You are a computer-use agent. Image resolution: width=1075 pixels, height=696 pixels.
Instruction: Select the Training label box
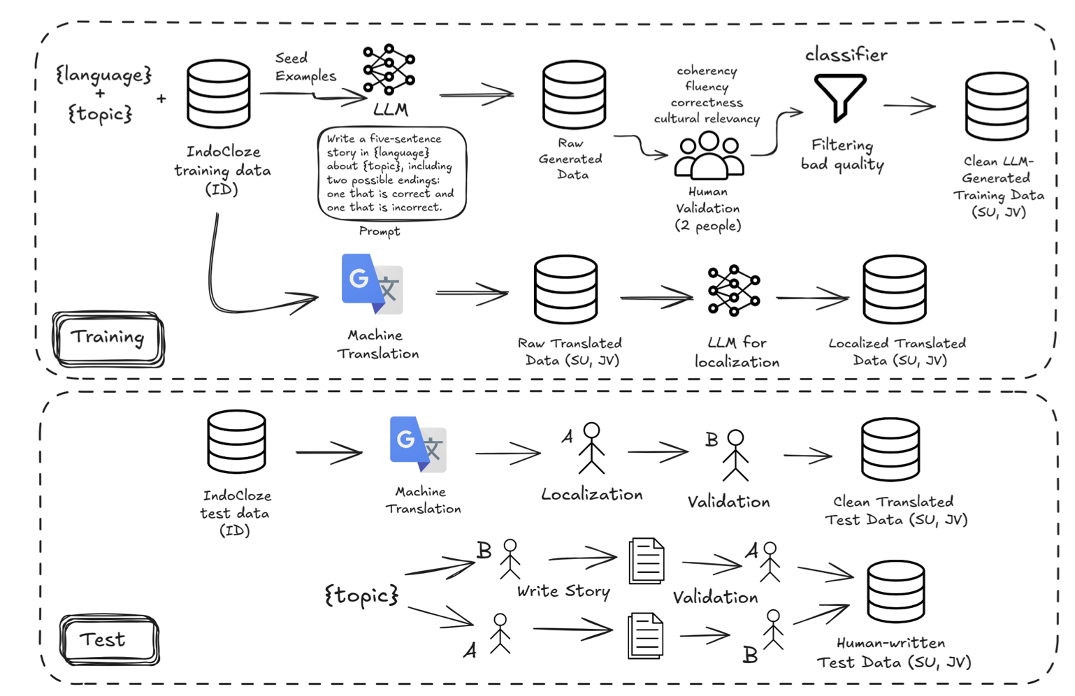[x=108, y=338]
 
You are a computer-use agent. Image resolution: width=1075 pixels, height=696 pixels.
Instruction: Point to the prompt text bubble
[x=391, y=173]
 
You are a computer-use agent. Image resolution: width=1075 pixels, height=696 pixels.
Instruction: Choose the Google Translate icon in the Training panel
[x=372, y=284]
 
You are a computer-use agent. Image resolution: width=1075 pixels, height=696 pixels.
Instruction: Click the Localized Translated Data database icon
[x=895, y=289]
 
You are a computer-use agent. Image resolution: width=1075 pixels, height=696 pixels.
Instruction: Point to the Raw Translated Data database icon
[x=565, y=289]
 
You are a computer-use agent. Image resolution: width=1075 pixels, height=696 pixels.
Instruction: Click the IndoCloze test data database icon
[x=236, y=442]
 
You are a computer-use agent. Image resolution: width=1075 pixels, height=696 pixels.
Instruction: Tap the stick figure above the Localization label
[x=591, y=448]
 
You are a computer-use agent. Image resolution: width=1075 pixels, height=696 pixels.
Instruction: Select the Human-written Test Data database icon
[x=895, y=591]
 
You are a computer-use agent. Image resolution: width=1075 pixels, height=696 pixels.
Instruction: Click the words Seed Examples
[x=305, y=67]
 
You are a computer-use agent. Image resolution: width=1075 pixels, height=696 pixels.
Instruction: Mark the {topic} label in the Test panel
[x=361, y=595]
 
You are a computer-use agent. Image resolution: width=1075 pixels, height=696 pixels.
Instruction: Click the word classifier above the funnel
[x=846, y=55]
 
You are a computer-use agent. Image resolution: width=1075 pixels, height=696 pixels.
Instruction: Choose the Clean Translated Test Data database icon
[x=890, y=449]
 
